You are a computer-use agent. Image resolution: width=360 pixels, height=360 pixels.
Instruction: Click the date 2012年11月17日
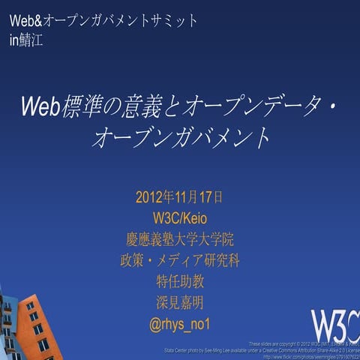[178, 198]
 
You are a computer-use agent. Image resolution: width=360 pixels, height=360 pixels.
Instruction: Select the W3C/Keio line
[178, 219]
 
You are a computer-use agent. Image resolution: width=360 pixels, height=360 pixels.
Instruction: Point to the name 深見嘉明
[179, 303]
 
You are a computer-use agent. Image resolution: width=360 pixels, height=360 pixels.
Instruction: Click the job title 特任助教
[179, 282]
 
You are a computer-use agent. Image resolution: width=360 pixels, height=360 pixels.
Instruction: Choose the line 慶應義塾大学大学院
[179, 240]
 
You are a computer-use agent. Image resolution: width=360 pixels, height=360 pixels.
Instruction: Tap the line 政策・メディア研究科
[179, 261]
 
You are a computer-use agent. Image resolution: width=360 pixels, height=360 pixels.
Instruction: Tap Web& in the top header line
[25, 20]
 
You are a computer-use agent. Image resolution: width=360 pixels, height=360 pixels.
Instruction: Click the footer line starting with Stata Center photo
[262, 350]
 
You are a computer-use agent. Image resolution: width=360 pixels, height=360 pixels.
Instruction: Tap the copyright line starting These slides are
[304, 343]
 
